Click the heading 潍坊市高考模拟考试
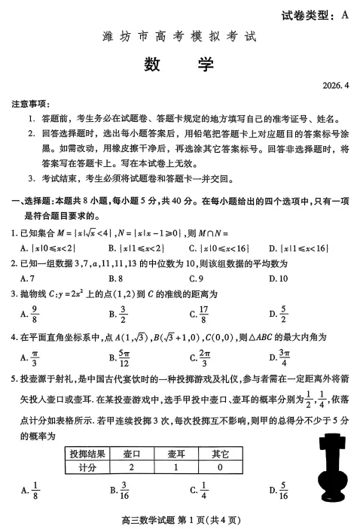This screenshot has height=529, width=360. coord(179,35)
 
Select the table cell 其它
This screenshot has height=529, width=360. coord(220,453)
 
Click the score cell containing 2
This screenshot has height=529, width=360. coord(131,467)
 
